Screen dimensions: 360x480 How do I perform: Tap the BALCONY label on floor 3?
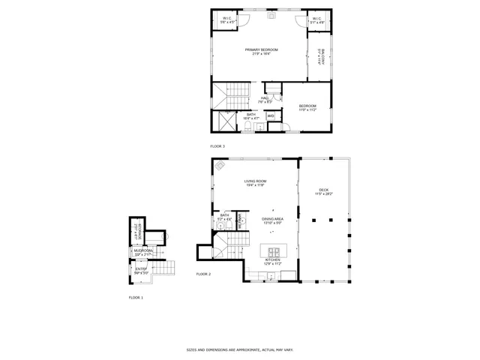click(x=320, y=58)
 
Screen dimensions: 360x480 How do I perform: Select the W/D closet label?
click(x=270, y=115)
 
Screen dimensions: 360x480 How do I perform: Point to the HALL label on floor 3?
click(x=265, y=99)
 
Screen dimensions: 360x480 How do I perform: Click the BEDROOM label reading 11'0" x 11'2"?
click(x=307, y=107)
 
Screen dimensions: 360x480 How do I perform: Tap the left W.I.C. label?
click(x=228, y=21)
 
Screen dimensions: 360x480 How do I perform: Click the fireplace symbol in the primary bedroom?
click(x=272, y=14)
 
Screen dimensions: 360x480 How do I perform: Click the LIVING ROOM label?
click(x=255, y=183)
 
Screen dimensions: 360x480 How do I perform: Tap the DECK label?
click(x=323, y=191)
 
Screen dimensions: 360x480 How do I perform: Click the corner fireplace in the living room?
click(x=220, y=166)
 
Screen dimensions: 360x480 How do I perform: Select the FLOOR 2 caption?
click(x=203, y=274)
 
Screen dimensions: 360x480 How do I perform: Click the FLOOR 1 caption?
click(x=135, y=298)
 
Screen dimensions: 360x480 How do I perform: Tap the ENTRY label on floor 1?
click(x=141, y=270)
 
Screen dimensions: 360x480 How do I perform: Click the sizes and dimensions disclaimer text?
click(x=239, y=349)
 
